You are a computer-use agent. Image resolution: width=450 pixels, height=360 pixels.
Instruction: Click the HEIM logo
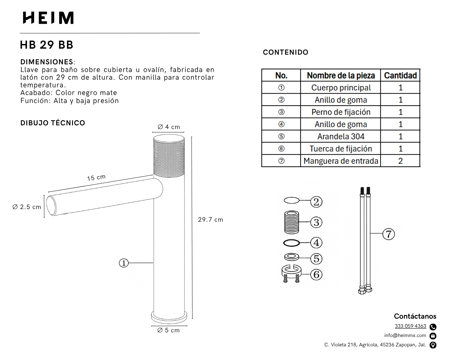(48, 18)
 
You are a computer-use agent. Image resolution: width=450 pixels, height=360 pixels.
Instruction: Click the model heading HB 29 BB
(47, 45)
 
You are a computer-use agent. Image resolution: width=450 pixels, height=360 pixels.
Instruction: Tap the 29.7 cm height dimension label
(210, 220)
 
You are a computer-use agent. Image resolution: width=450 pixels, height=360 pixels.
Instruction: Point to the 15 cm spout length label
(96, 178)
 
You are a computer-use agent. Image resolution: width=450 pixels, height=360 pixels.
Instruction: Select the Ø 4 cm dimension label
(169, 127)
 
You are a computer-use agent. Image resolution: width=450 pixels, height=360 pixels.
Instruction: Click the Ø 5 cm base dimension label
(168, 330)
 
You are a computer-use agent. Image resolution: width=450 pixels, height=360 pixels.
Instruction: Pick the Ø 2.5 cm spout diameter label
(27, 207)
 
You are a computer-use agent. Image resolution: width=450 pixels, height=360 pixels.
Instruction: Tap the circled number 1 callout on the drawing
(124, 263)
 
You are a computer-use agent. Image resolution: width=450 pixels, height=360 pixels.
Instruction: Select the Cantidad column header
(400, 76)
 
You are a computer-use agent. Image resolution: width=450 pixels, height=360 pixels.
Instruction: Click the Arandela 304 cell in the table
(341, 137)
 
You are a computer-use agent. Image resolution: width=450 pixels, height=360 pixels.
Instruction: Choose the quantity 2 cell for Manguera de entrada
(400, 161)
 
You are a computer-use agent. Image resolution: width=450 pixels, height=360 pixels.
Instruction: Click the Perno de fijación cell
(341, 112)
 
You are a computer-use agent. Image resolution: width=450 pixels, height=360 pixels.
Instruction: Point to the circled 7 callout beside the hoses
(389, 234)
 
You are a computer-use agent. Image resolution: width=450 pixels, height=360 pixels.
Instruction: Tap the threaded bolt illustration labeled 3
(292, 222)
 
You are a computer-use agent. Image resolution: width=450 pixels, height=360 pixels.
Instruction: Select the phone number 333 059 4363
(410, 326)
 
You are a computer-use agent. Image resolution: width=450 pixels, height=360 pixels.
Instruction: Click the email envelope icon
(433, 336)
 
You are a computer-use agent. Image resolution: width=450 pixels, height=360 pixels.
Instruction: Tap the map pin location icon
(433, 345)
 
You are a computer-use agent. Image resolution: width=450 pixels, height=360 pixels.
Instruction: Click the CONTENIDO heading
(285, 52)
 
